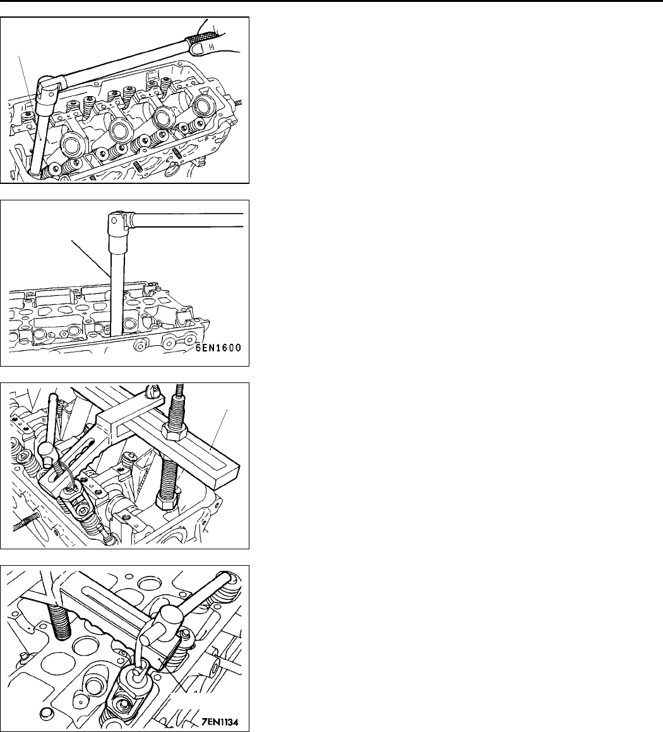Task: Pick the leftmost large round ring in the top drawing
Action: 74,146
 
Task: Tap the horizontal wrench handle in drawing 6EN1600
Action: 189,219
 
